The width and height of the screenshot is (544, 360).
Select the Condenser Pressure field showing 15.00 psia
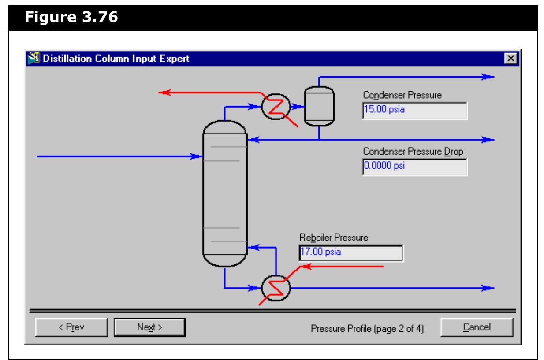pyautogui.click(x=414, y=111)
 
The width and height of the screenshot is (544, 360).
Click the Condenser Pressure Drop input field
pyautogui.click(x=414, y=167)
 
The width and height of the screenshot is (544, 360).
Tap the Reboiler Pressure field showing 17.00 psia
pyautogui.click(x=350, y=253)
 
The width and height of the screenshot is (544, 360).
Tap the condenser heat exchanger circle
pyautogui.click(x=276, y=106)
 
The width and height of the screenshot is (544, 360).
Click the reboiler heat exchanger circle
pyautogui.click(x=276, y=288)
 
